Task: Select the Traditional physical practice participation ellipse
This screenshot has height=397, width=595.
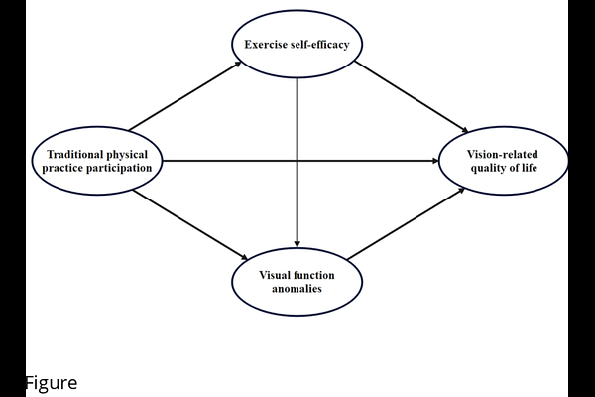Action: point(96,161)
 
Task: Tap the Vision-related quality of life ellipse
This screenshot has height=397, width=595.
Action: point(504,161)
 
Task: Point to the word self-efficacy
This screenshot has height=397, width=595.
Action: point(321,45)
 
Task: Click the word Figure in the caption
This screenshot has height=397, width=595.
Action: point(51,383)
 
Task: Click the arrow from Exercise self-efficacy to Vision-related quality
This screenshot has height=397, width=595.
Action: point(411,97)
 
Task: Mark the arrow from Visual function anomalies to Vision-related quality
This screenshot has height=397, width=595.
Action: point(407,224)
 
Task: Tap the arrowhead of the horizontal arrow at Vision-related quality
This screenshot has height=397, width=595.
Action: point(433,161)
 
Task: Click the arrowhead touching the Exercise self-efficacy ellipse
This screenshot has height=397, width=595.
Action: point(238,64)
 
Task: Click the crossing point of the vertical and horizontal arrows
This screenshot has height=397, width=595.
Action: point(297,161)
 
